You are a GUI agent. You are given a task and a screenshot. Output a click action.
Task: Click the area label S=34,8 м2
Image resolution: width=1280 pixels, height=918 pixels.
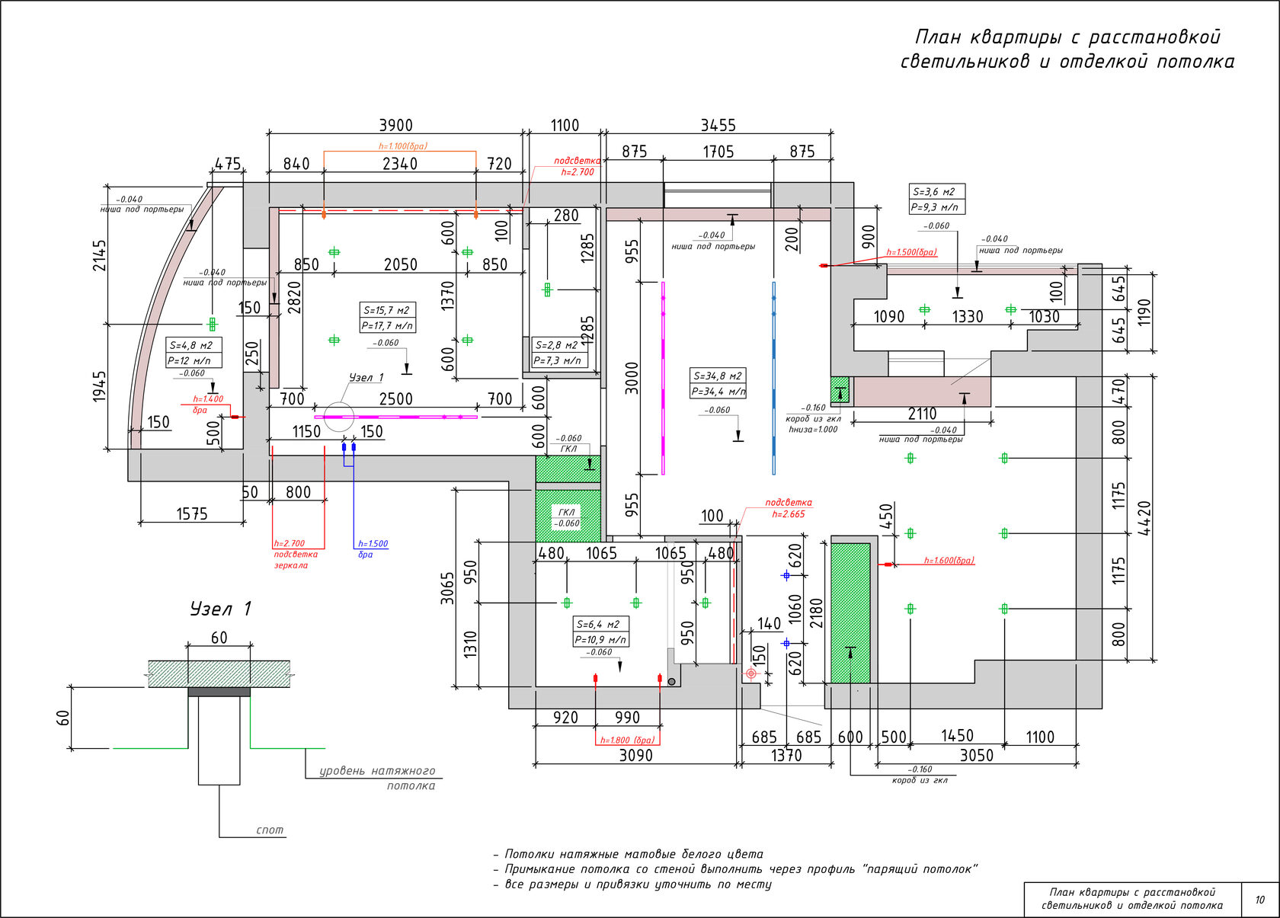click(x=718, y=376)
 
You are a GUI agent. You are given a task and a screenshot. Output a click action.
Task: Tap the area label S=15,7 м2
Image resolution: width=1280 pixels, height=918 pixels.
click(x=387, y=310)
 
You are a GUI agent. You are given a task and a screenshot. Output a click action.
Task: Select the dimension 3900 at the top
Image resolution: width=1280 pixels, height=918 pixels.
click(x=395, y=126)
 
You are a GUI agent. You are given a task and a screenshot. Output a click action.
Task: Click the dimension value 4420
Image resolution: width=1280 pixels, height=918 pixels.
click(x=1144, y=518)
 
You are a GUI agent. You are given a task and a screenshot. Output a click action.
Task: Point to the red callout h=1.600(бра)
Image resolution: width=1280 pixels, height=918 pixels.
click(x=949, y=561)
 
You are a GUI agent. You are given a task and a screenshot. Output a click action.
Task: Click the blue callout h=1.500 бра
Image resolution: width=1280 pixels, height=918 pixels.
click(x=373, y=549)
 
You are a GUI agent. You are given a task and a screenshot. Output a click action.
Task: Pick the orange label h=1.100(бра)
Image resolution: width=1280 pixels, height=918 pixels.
click(x=403, y=146)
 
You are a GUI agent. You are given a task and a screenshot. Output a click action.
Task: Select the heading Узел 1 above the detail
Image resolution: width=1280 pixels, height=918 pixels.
click(x=220, y=609)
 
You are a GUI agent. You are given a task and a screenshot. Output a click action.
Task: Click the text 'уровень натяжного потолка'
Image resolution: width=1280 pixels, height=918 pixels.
click(x=377, y=778)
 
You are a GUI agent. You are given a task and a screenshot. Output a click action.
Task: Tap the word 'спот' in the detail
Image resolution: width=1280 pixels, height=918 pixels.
click(x=270, y=830)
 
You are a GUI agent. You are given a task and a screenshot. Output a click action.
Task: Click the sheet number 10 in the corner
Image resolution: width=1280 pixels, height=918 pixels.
click(x=1259, y=900)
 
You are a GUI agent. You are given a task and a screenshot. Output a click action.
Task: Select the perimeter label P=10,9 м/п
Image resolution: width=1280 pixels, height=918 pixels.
click(x=600, y=640)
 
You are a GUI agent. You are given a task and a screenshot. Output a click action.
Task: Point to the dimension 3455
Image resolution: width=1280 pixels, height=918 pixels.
click(x=718, y=126)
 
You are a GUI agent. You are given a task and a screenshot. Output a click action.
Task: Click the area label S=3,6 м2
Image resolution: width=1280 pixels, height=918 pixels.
click(x=935, y=192)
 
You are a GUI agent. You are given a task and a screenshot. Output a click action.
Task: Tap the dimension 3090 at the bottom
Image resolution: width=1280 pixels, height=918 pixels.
click(x=635, y=755)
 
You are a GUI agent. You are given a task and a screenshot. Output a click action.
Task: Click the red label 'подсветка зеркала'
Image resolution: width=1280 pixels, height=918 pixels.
click(x=296, y=559)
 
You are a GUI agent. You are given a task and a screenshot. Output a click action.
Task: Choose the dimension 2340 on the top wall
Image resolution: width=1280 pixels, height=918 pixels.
click(x=399, y=164)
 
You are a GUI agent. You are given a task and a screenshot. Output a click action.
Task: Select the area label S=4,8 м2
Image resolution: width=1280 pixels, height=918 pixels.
click(x=192, y=346)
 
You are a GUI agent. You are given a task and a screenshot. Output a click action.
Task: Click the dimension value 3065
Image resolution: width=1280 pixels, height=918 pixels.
click(x=447, y=588)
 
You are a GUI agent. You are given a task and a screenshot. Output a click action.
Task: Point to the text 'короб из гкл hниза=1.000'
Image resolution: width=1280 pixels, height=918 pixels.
click(x=813, y=424)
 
